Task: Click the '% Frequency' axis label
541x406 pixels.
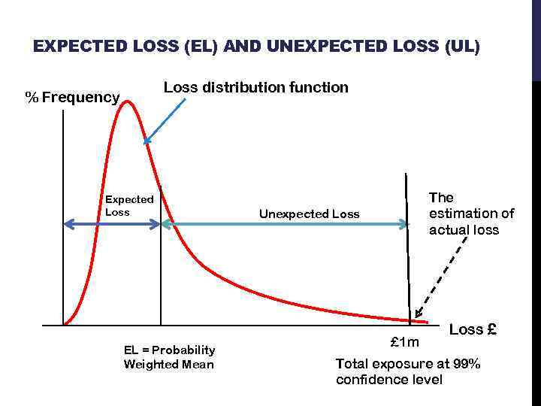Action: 72,97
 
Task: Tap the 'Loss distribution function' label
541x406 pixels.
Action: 256,87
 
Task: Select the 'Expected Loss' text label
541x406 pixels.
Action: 129,205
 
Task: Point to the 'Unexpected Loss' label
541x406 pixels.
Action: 310,214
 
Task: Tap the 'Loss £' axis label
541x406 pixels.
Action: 473,329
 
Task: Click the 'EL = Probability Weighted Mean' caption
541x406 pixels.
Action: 169,357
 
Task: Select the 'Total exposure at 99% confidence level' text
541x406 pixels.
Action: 408,371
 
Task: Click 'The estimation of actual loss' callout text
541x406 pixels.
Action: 471,214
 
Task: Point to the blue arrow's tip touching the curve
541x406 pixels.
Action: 147,140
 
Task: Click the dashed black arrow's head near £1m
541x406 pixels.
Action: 417,316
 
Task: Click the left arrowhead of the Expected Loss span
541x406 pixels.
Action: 67,223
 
